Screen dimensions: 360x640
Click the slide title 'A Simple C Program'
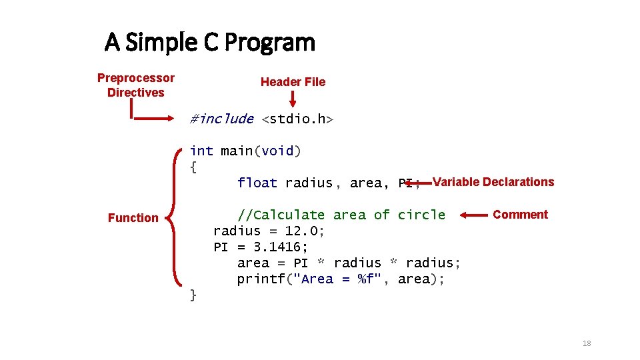coord(209,43)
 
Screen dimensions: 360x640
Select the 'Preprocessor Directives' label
coord(135,85)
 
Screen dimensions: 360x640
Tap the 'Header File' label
coord(293,82)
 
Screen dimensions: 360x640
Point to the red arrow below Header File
coord(292,99)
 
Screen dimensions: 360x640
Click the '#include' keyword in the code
coord(221,119)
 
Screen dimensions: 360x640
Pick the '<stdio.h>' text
coord(297,119)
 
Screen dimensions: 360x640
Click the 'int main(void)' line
coord(245,151)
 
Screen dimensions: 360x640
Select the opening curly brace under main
coord(193,167)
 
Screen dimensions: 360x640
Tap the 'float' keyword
coord(257,183)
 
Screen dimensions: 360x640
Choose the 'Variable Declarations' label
coord(493,182)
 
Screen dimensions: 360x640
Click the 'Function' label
coord(133,218)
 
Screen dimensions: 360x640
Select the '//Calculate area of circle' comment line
coord(341,215)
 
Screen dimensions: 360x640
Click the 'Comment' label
coord(520,215)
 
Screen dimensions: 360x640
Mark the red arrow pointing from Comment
coord(474,215)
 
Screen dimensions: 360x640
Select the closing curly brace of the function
coord(193,295)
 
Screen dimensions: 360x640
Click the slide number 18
coord(587,343)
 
